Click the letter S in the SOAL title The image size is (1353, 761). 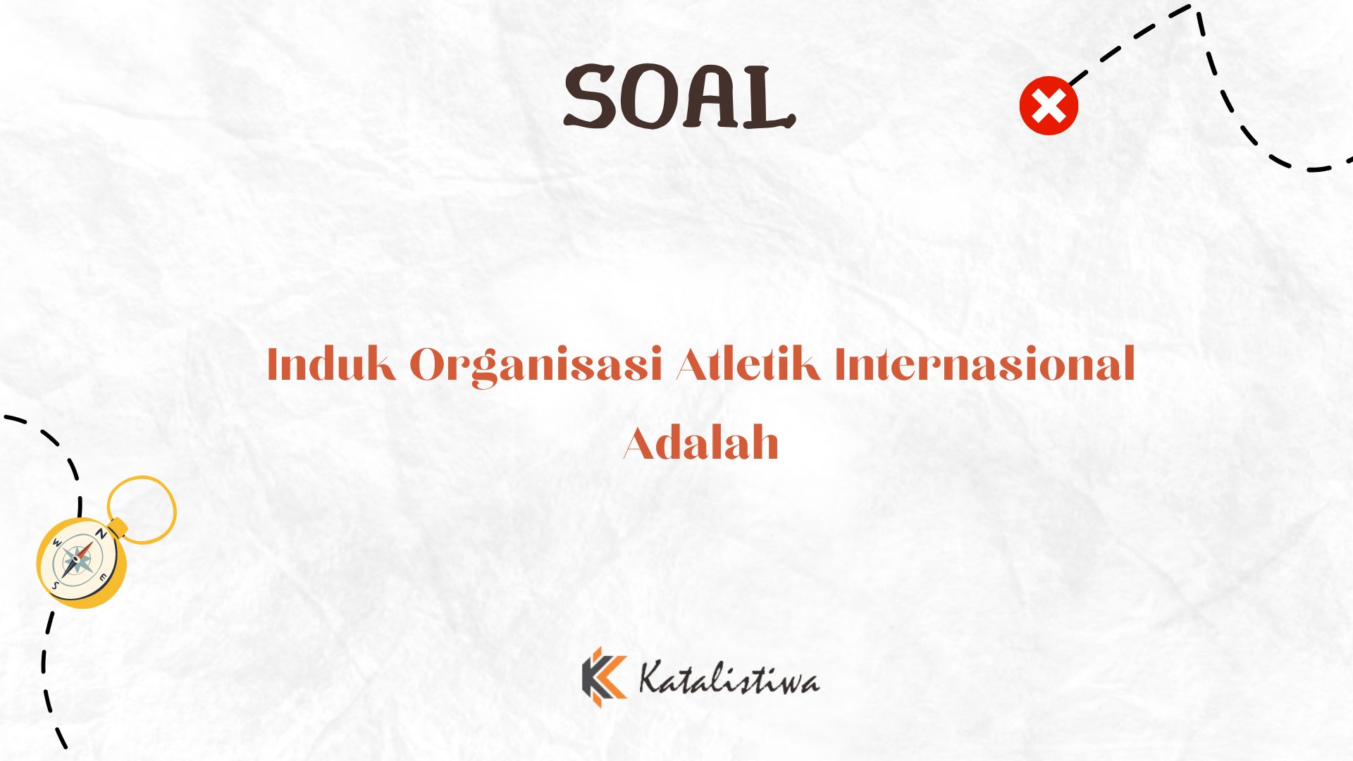591,97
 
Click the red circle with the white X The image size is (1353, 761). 1049,106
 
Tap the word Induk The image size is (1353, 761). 331,364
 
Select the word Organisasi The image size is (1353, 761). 536,366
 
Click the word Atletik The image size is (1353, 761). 748,364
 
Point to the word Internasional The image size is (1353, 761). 985,364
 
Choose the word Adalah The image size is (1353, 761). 701,443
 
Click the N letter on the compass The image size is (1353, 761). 101,533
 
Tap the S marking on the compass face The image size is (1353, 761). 55,585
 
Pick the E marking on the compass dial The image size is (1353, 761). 103,578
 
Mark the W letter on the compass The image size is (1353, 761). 58,543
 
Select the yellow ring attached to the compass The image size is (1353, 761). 142,477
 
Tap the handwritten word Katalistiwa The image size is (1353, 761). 729,677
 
